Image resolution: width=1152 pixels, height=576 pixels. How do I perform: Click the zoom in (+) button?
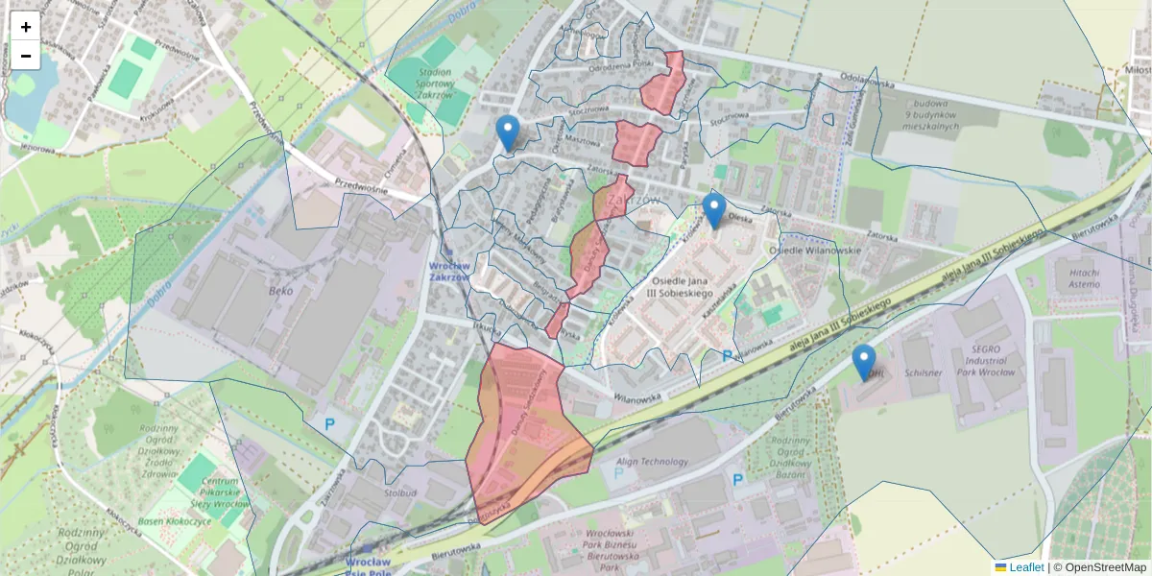(26, 27)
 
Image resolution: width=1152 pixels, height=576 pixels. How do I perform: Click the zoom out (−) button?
(26, 56)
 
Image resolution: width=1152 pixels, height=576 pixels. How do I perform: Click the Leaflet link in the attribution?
(1026, 567)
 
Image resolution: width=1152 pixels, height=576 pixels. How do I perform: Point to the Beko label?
(280, 290)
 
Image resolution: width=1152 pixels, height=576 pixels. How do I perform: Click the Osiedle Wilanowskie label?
(815, 251)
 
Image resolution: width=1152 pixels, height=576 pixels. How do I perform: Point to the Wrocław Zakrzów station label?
(448, 272)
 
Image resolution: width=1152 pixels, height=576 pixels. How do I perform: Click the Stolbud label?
(399, 492)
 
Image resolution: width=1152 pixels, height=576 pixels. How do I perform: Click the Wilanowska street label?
(638, 395)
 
